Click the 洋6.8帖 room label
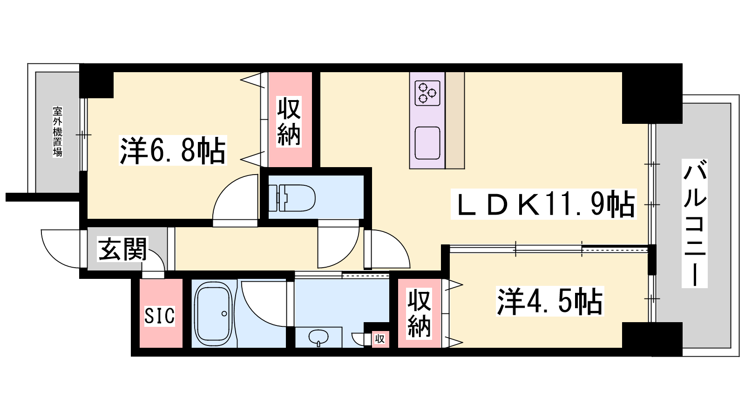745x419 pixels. tap(173, 150)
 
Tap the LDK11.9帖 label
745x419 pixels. tap(543, 204)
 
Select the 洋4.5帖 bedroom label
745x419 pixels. tap(550, 301)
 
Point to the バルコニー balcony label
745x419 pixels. tap(694, 223)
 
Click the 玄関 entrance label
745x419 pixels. tap(122, 249)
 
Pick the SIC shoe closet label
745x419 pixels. tap(160, 316)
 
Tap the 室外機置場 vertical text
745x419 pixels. tap(58, 132)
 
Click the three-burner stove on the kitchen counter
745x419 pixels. tap(427, 93)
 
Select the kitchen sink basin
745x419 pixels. tap(427, 143)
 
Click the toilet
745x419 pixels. tap(292, 198)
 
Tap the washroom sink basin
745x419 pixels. tap(318, 338)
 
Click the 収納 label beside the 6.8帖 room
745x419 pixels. tap(289, 122)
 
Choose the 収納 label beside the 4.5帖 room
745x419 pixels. tap(420, 314)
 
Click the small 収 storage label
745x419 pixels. tap(380, 339)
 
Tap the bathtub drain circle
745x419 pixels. tap(224, 314)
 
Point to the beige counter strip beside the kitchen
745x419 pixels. tap(454, 121)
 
